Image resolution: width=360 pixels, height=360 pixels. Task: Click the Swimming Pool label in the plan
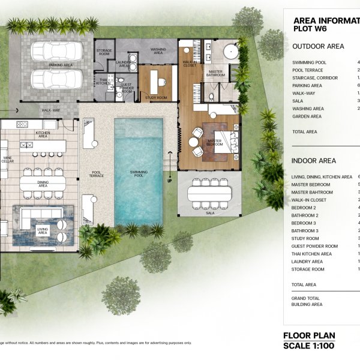coord(139,173)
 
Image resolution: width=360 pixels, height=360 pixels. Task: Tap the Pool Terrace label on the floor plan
coord(96,174)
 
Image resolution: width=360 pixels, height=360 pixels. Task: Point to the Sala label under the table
coord(209,212)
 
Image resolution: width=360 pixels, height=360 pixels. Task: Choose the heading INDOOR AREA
coord(313,161)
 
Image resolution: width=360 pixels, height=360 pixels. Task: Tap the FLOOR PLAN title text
coord(309,335)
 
